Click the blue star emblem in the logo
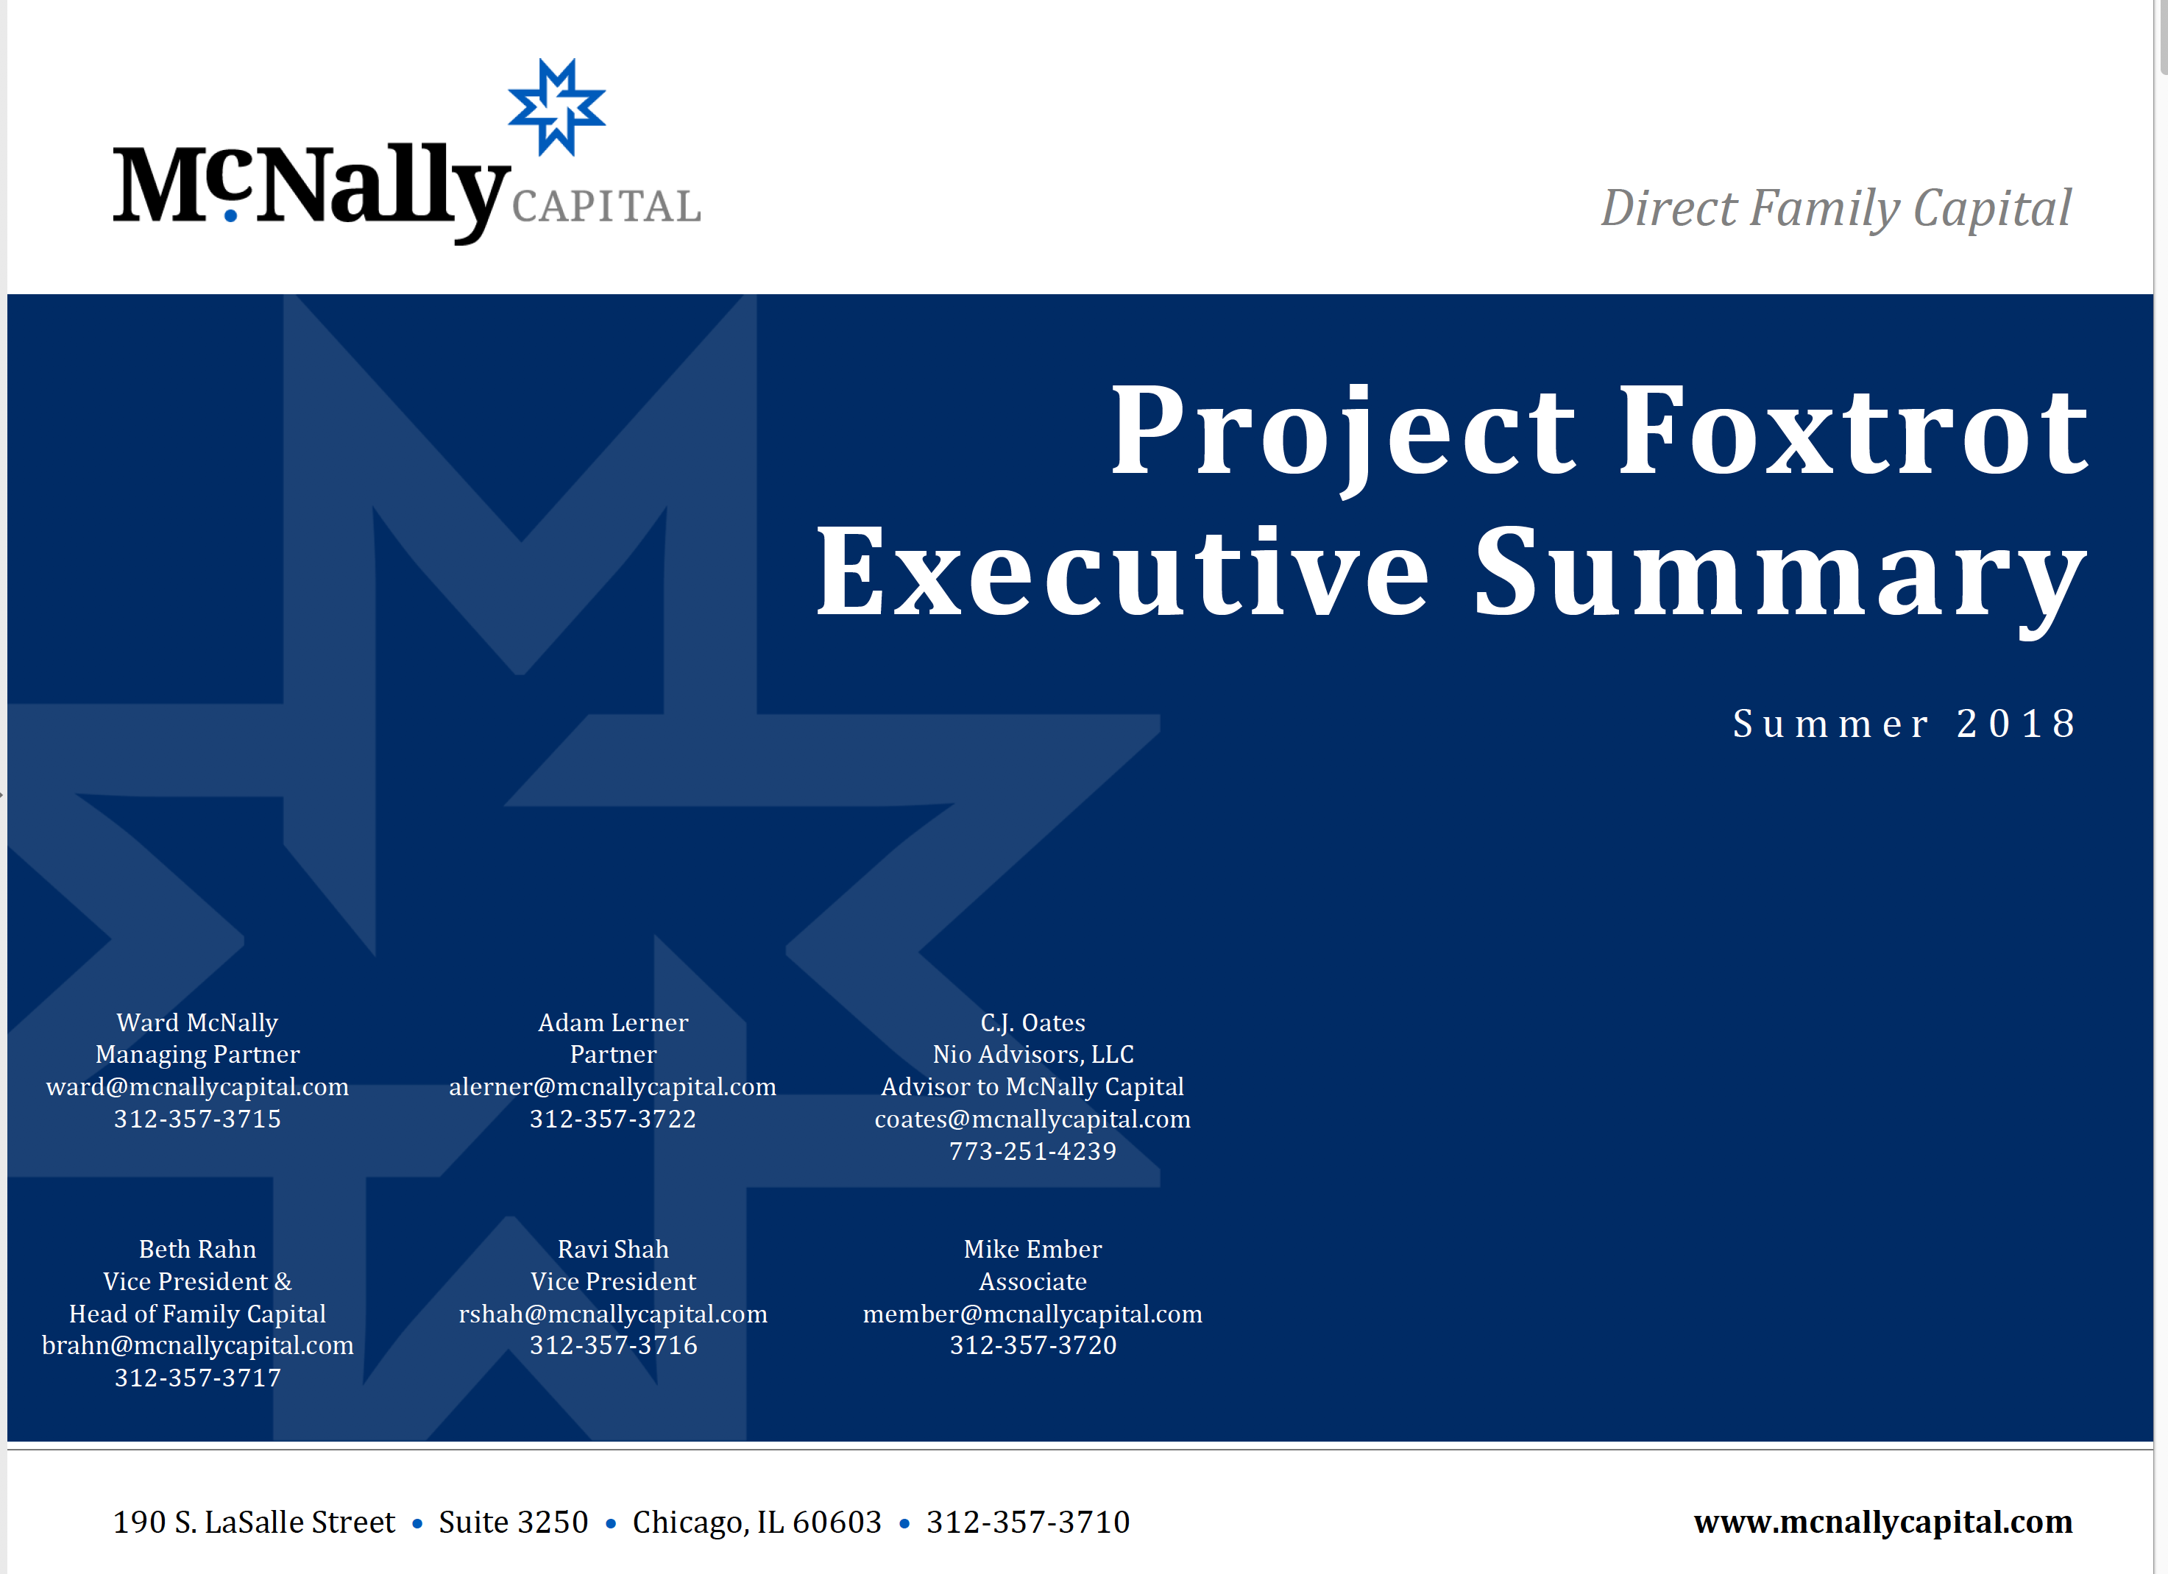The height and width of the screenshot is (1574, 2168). [556, 107]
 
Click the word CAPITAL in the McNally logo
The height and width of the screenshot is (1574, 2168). [606, 207]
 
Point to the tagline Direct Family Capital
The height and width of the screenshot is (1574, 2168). [1835, 208]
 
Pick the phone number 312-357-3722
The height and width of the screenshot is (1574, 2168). [613, 1119]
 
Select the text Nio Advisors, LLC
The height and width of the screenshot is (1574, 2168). [1033, 1054]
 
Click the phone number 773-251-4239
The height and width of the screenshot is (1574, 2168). [1033, 1152]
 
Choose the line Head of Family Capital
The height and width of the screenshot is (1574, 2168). [198, 1314]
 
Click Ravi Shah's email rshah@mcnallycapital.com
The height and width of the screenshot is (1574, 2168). [613, 1314]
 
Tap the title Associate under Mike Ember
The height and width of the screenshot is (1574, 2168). [1033, 1281]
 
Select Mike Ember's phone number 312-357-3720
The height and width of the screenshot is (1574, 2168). [1033, 1345]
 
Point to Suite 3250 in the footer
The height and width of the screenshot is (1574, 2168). [514, 1522]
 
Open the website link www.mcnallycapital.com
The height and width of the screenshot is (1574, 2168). [1883, 1522]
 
